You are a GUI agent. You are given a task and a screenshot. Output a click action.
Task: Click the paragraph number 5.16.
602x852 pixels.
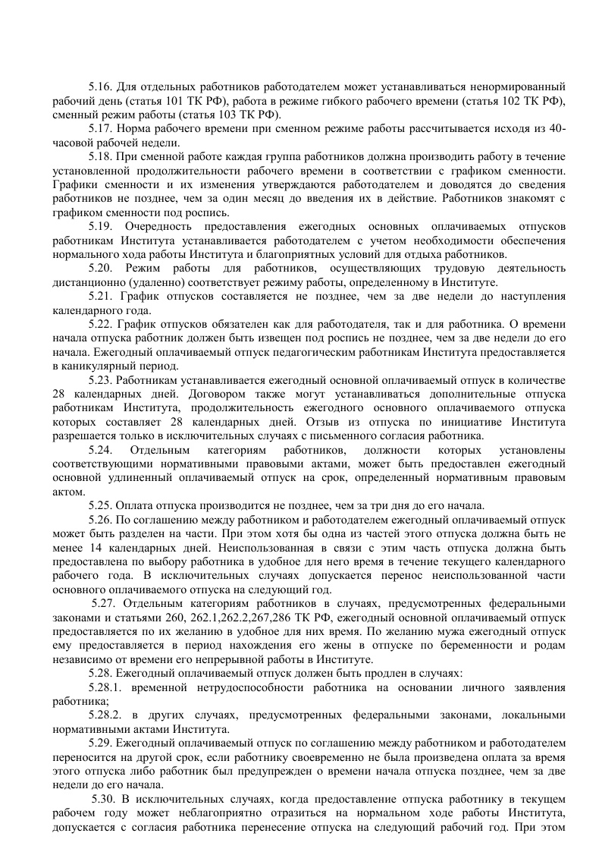click(101, 86)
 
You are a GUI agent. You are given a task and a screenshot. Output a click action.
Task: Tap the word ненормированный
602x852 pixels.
click(517, 86)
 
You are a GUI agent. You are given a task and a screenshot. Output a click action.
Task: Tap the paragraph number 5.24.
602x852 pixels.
click(101, 449)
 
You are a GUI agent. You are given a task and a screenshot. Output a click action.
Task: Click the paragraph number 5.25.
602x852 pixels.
click(101, 505)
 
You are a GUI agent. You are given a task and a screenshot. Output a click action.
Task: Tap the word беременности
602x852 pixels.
click(474, 645)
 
